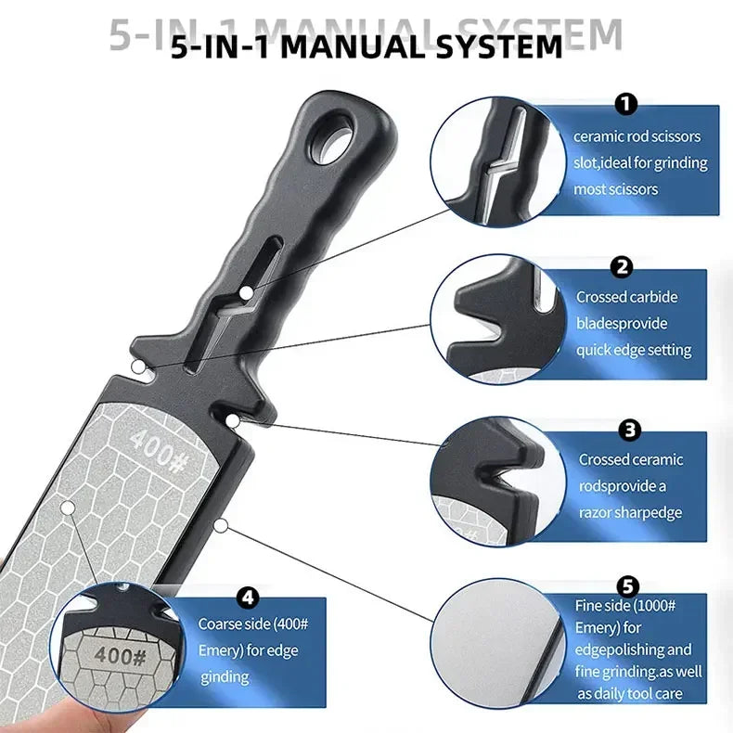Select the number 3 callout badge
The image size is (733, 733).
[x=630, y=430]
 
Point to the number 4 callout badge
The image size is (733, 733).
[x=249, y=598]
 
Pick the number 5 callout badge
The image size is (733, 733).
[x=628, y=585]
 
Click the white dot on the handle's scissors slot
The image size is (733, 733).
[x=247, y=294]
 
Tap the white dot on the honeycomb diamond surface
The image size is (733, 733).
[x=68, y=508]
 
